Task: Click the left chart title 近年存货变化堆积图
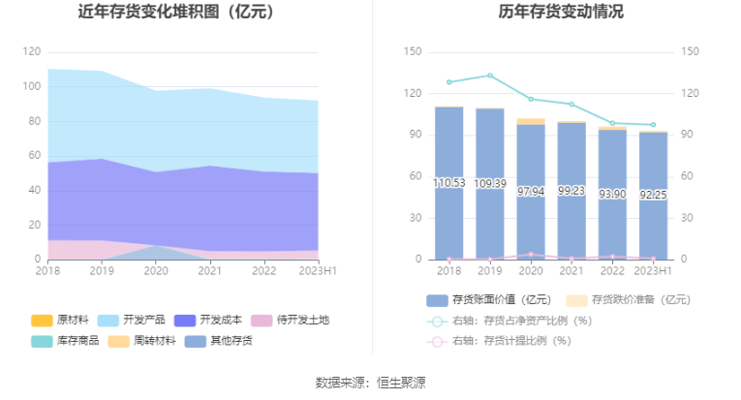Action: point(175,13)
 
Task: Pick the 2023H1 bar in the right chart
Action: point(653,195)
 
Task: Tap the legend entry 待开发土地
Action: point(291,320)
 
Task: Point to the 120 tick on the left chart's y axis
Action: point(33,52)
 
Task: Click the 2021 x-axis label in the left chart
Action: point(209,272)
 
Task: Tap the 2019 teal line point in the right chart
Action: point(489,76)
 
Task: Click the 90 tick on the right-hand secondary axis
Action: point(690,135)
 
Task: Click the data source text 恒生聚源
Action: point(398,383)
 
